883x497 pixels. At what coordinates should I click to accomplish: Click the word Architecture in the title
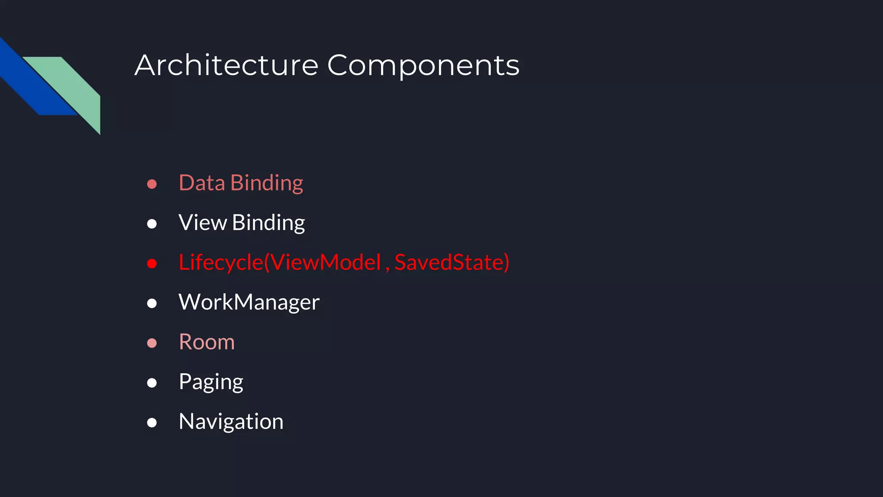pos(226,66)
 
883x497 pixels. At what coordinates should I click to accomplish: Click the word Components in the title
pos(423,66)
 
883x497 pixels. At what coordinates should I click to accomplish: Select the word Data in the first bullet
pos(202,183)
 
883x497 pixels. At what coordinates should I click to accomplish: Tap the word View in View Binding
pos(203,223)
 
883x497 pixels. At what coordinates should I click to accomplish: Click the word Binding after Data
pos(267,183)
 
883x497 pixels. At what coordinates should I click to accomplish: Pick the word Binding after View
pos(268,223)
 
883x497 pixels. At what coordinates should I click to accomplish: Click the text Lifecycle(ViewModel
pos(280,262)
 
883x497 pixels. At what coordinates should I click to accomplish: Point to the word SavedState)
pos(452,262)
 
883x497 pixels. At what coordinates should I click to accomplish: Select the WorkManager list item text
pos(249,302)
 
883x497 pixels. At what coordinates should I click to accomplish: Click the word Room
pos(207,342)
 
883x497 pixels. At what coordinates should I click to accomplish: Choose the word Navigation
pos(231,422)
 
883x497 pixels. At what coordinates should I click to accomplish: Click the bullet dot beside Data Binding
pos(152,184)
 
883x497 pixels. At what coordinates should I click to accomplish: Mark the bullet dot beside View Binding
pos(152,224)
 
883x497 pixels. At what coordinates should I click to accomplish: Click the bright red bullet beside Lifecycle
pos(152,264)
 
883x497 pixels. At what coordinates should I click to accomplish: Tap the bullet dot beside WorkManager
pos(152,303)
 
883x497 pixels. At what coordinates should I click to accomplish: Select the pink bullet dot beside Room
pos(152,343)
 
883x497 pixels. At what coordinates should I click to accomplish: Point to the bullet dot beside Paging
pos(152,383)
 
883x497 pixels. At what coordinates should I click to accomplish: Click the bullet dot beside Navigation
pos(152,422)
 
